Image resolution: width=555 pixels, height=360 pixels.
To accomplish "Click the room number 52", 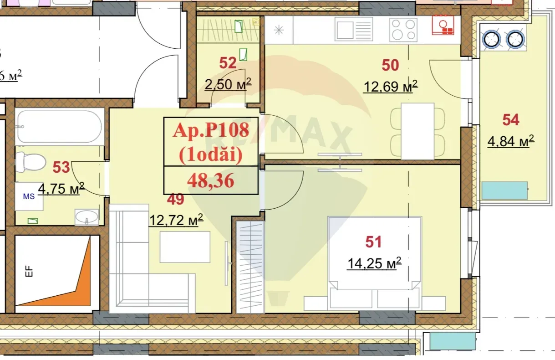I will pos(228,63).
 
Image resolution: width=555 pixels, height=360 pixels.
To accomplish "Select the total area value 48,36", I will pos(210,181).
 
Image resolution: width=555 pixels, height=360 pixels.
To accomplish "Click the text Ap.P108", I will pos(211,131).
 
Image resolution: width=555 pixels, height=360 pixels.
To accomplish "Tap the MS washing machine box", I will pos(29,196).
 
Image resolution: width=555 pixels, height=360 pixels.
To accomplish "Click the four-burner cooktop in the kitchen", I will pos(403,30).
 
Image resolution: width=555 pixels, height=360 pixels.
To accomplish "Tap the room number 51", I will pos(373,242).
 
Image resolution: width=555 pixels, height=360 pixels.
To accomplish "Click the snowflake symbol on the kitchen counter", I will pos(278,31).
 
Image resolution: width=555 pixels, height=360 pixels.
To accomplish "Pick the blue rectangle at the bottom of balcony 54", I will pos(504,190).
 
